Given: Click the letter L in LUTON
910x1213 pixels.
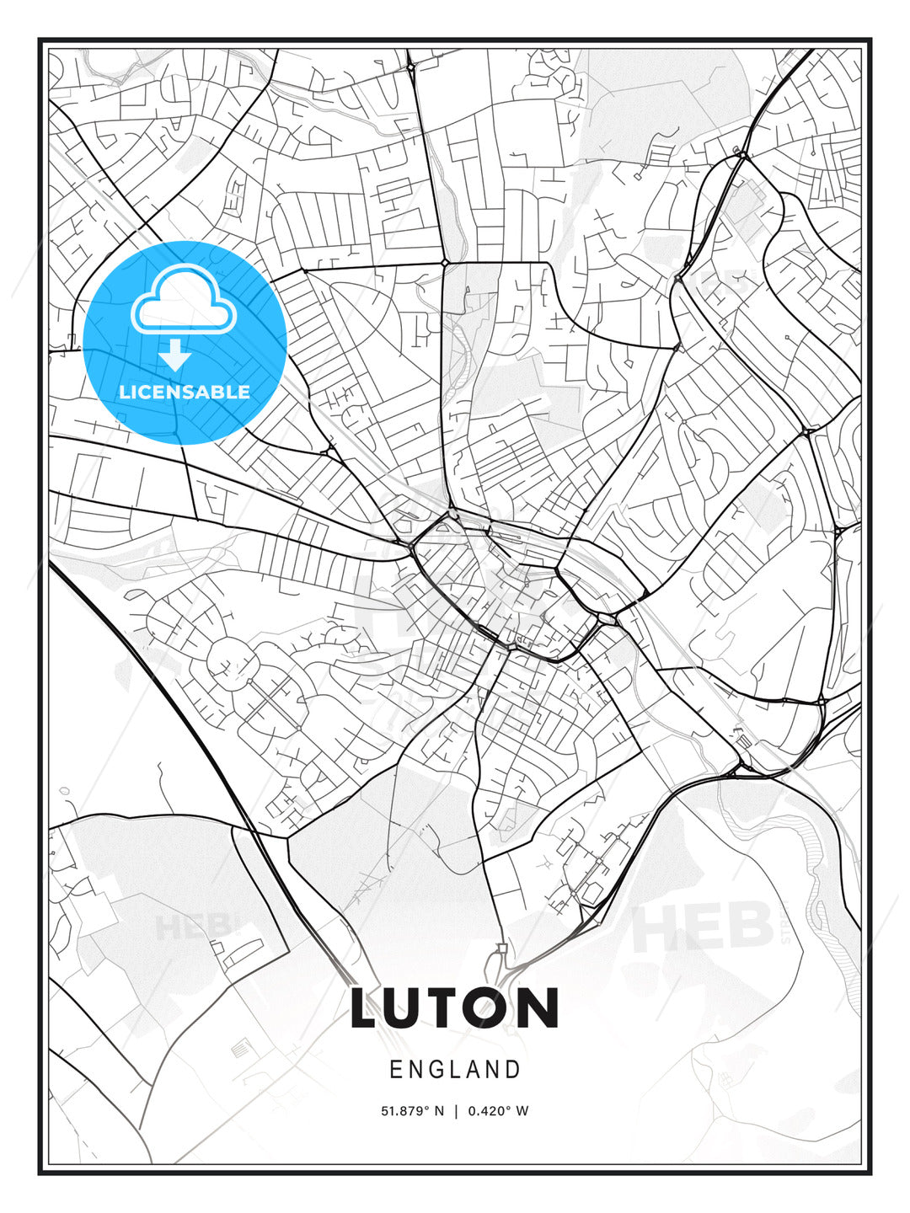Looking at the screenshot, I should (x=367, y=1008).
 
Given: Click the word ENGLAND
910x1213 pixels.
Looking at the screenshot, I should (x=455, y=1070).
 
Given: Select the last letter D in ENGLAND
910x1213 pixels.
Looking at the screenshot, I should (x=513, y=1070).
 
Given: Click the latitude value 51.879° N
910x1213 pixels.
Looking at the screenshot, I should (x=412, y=1111).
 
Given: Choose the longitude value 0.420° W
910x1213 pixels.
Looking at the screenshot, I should (x=497, y=1111).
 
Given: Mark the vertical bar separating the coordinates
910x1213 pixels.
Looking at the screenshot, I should (x=456, y=1111).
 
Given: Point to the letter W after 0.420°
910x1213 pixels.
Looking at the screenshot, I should (x=522, y=1111).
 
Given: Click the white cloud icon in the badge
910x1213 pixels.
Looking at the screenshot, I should (x=182, y=302).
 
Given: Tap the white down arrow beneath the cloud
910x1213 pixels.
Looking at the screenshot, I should (x=176, y=355).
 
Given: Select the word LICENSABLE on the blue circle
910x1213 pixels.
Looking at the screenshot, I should (x=185, y=392).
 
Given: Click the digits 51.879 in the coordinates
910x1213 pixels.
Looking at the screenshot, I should (x=402, y=1111).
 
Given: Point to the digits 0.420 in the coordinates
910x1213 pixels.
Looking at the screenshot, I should (x=487, y=1111).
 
